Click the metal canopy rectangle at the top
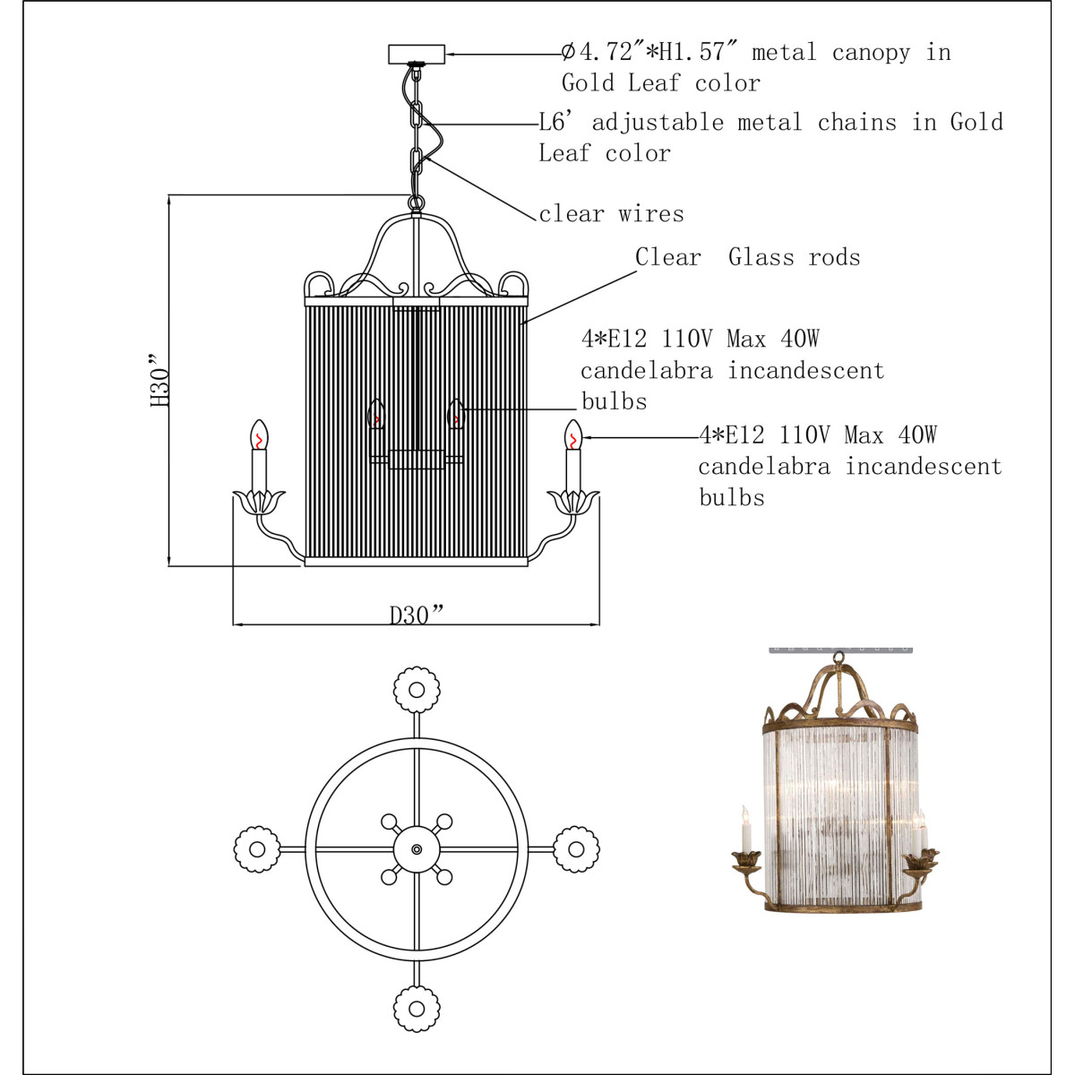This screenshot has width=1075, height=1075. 417,54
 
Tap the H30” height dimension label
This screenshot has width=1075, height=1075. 159,380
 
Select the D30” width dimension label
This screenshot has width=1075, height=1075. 417,615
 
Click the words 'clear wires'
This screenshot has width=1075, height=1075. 612,214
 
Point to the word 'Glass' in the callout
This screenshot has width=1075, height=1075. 761,257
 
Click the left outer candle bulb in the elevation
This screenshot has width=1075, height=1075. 259,434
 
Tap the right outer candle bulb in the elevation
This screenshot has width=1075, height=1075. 573,434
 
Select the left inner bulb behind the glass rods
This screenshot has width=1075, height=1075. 376,414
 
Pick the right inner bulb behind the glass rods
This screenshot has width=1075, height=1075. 456,414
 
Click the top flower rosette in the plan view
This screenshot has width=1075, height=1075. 417,690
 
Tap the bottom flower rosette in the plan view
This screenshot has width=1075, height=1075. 417,1009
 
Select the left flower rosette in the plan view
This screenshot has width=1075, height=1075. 257,849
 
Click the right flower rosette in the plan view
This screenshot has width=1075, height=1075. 576,849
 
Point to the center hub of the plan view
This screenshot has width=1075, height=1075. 417,849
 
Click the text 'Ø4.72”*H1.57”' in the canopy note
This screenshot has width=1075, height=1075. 649,53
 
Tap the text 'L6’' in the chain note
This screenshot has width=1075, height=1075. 556,122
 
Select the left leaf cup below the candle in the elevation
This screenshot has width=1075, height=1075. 259,502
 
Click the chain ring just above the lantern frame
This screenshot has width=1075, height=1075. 417,203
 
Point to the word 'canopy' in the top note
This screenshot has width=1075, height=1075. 871,54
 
